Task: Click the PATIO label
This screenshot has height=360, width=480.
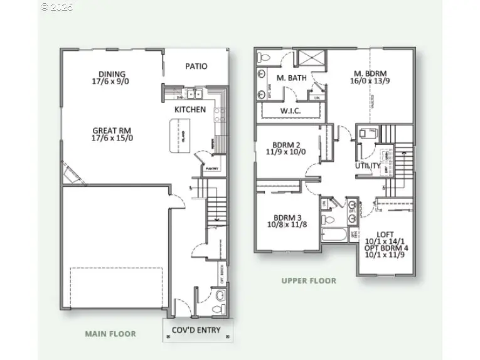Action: [196, 66]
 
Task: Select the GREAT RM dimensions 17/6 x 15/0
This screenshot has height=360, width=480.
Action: [112, 138]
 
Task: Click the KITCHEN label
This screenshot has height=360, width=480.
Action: [189, 110]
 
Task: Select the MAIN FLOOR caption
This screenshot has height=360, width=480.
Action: [110, 334]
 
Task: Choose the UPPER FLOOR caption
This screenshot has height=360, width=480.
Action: [309, 281]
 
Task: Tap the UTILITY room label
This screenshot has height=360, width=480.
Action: [367, 166]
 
